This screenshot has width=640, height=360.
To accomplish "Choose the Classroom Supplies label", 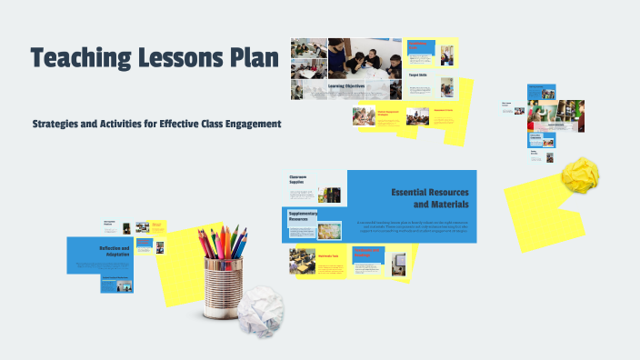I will coord(301,179).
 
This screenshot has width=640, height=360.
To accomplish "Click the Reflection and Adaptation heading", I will coord(115,251).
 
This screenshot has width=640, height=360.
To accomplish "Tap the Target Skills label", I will coord(418,76).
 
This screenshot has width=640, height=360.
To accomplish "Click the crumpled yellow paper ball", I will coord(580,175).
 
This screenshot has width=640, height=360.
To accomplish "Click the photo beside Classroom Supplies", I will coord(329,195).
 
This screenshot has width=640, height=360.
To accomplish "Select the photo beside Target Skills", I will coord(446,87).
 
